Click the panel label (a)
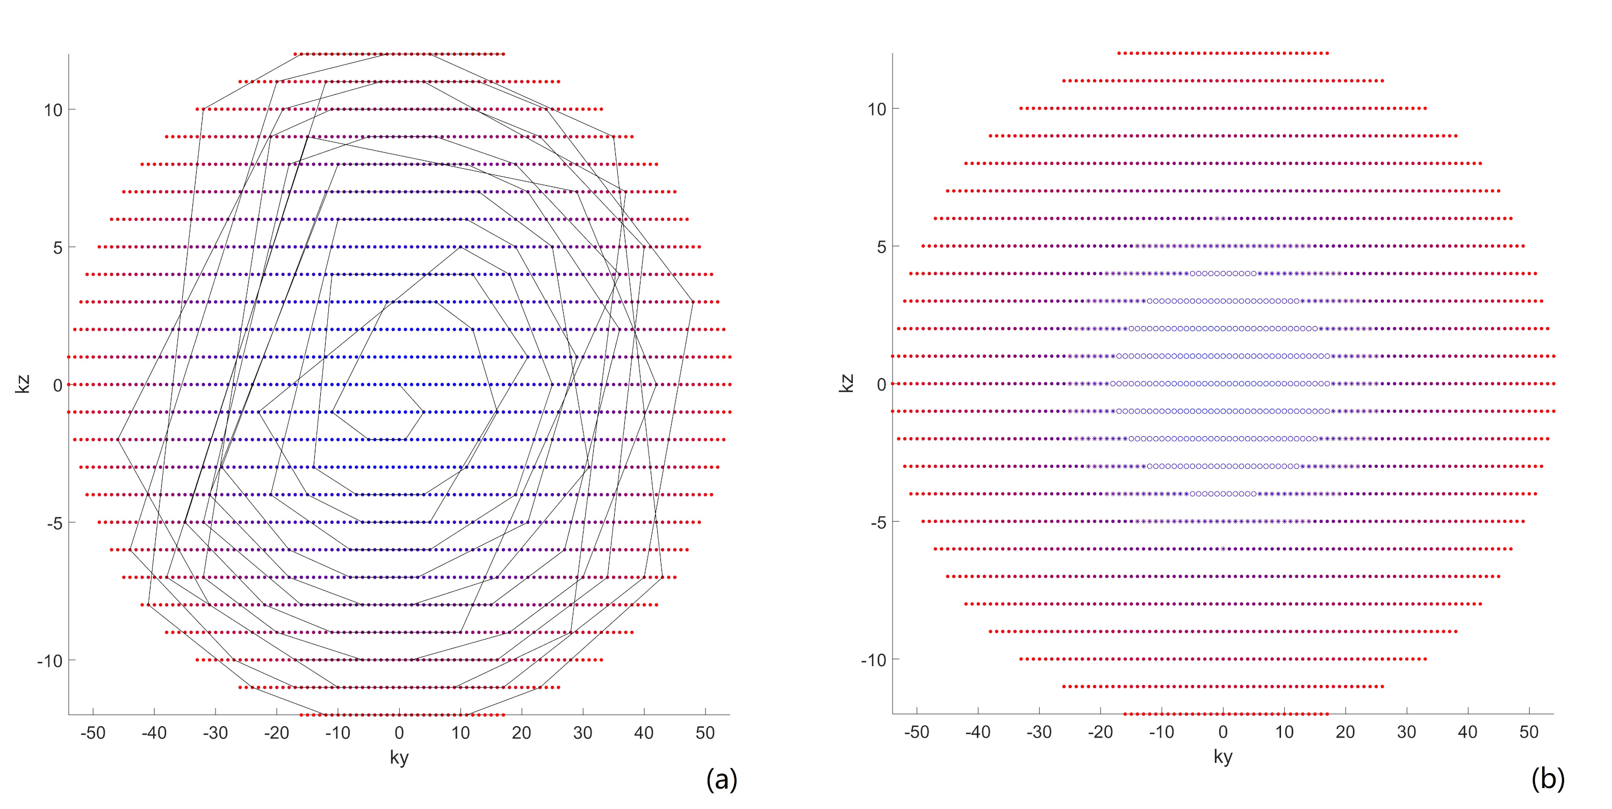pyautogui.click(x=722, y=779)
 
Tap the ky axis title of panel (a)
pyautogui.click(x=399, y=757)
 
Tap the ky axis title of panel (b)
pyautogui.click(x=1223, y=756)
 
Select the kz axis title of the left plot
pyautogui.click(x=23, y=384)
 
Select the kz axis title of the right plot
pyautogui.click(x=846, y=383)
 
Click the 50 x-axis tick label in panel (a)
pyautogui.click(x=705, y=733)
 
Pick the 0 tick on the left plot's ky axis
pyautogui.click(x=399, y=733)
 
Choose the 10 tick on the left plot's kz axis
pyautogui.click(x=53, y=110)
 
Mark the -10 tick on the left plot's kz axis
pyautogui.click(x=49, y=661)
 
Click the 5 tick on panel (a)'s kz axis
pyautogui.click(x=57, y=248)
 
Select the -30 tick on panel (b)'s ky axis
pyautogui.click(x=1039, y=732)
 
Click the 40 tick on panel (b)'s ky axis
pyautogui.click(x=1467, y=732)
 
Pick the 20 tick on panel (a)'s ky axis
pyautogui.click(x=521, y=733)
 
